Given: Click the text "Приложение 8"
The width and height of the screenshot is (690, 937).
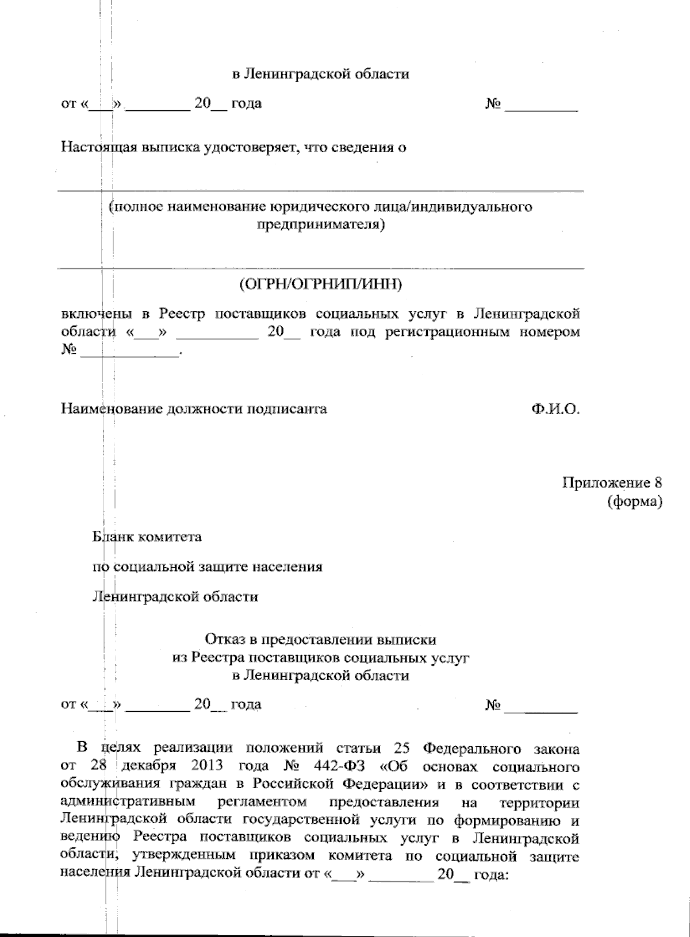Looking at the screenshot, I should click(612, 483).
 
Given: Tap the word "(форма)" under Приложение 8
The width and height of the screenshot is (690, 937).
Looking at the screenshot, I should click(634, 502).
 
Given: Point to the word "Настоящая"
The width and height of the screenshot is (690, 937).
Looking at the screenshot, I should click(95, 148).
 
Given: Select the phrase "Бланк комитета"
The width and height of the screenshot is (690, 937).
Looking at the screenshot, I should click(148, 537).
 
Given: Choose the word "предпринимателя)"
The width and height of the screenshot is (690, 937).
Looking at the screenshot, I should click(320, 224).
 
